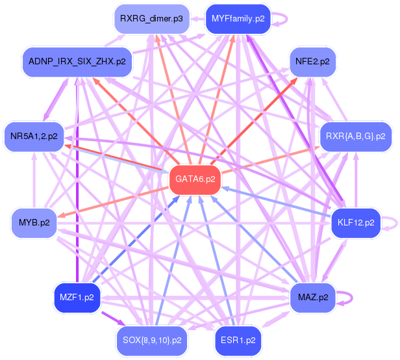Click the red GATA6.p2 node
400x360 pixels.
pos(195,179)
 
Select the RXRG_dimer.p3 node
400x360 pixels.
pos(151,19)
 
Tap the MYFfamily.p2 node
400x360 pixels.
pos(238,19)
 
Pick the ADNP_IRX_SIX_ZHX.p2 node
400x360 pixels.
pos(77,62)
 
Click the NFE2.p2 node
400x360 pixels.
pos(312,62)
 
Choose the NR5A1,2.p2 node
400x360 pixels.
pos(34,136)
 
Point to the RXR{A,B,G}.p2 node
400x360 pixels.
pos(356,136)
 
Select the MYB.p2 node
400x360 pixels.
pos(34,223)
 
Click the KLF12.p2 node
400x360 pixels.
pos(356,223)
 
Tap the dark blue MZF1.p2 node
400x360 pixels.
pos(77,298)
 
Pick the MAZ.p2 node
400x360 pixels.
pos(313,298)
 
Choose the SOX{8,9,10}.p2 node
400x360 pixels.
pos(152,341)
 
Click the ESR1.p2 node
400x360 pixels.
pos(238,341)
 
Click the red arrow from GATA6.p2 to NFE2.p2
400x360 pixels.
pos(254,122)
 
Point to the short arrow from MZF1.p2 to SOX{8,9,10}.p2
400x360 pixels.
pos(113,318)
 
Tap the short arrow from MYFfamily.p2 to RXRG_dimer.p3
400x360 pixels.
pos(197,19)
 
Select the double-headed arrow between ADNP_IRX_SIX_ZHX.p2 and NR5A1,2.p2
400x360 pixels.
pos(56,99)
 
